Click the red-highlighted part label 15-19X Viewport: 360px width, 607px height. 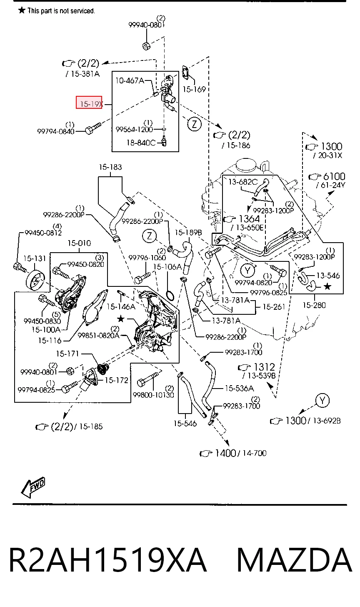[91, 104]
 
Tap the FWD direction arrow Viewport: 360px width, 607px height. [33, 487]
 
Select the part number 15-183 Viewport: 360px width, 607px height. [110, 167]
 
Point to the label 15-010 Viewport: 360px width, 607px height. [79, 243]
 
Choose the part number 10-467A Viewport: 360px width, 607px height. [130, 80]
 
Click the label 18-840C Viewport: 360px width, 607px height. [141, 143]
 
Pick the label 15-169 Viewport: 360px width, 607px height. [194, 89]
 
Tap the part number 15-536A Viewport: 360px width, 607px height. [239, 388]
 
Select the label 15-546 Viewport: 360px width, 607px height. [185, 423]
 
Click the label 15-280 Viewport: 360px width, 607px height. [314, 305]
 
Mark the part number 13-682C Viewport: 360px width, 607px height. [243, 182]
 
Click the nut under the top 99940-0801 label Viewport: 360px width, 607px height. [146, 46]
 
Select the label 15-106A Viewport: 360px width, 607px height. [167, 267]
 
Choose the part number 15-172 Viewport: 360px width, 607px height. [116, 380]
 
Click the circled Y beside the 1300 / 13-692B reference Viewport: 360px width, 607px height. [322, 401]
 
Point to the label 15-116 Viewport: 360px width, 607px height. [50, 340]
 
